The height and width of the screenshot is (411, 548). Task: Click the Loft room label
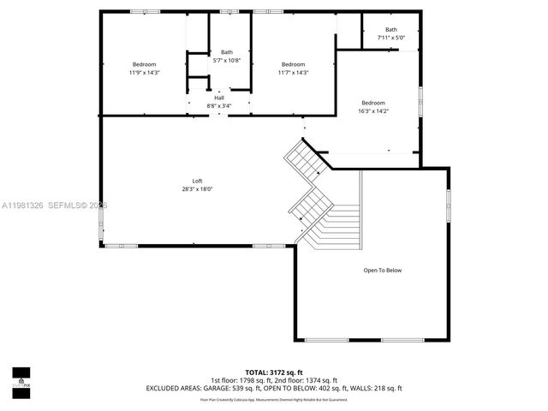pos(197,181)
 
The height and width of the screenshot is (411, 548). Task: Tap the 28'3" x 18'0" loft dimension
pos(197,189)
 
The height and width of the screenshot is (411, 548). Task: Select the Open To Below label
pos(382,271)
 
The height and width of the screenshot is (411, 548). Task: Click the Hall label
pos(219,98)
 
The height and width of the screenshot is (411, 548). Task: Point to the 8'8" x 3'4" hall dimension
pos(219,106)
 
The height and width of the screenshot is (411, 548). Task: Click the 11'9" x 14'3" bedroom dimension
pos(144,73)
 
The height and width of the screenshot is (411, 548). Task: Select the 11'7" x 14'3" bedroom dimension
pos(293,73)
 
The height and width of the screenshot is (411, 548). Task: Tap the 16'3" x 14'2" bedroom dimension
pos(373,110)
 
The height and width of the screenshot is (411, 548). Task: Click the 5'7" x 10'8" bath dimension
pos(227,60)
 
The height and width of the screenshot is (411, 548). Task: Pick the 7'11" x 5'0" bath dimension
pos(390,38)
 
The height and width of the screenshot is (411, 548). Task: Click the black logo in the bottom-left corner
pos(21,378)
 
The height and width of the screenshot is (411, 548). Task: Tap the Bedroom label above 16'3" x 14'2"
pos(373,103)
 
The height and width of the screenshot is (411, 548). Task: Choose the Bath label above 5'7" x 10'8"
pos(227,52)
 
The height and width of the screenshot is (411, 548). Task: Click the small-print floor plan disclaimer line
pos(273,399)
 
